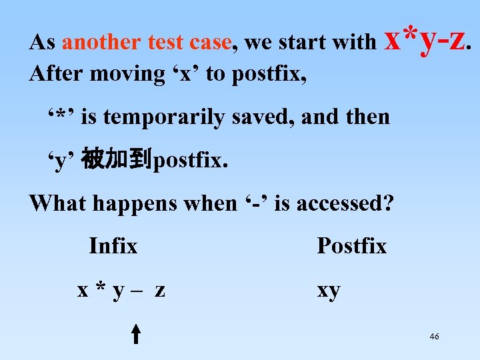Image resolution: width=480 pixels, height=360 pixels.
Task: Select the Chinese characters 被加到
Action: point(117,160)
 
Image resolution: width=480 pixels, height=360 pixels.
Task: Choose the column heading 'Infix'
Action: point(113,246)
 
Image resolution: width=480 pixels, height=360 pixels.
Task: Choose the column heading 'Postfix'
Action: point(351,246)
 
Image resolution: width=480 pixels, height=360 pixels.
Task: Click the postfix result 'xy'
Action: point(328,291)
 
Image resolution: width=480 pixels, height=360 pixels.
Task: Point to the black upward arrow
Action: point(135,333)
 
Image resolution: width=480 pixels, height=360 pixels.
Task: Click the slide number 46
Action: point(434,337)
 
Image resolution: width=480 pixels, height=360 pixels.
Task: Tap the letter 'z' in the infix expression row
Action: point(160,291)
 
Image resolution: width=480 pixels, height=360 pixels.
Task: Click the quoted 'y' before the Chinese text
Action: point(61,161)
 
